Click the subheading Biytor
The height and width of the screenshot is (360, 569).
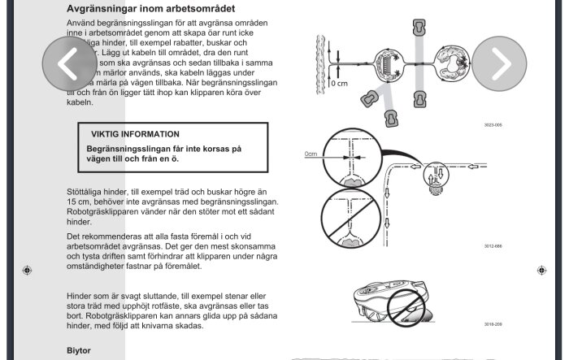[79, 350]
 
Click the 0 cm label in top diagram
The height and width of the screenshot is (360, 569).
[341, 83]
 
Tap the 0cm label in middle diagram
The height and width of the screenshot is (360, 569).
[311, 154]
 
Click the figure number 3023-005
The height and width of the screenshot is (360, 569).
[493, 125]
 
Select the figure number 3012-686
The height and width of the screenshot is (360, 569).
[493, 245]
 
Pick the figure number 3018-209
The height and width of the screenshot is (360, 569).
[493, 323]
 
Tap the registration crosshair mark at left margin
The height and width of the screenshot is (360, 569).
[28, 270]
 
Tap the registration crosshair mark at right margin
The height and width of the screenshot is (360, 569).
[541, 270]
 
